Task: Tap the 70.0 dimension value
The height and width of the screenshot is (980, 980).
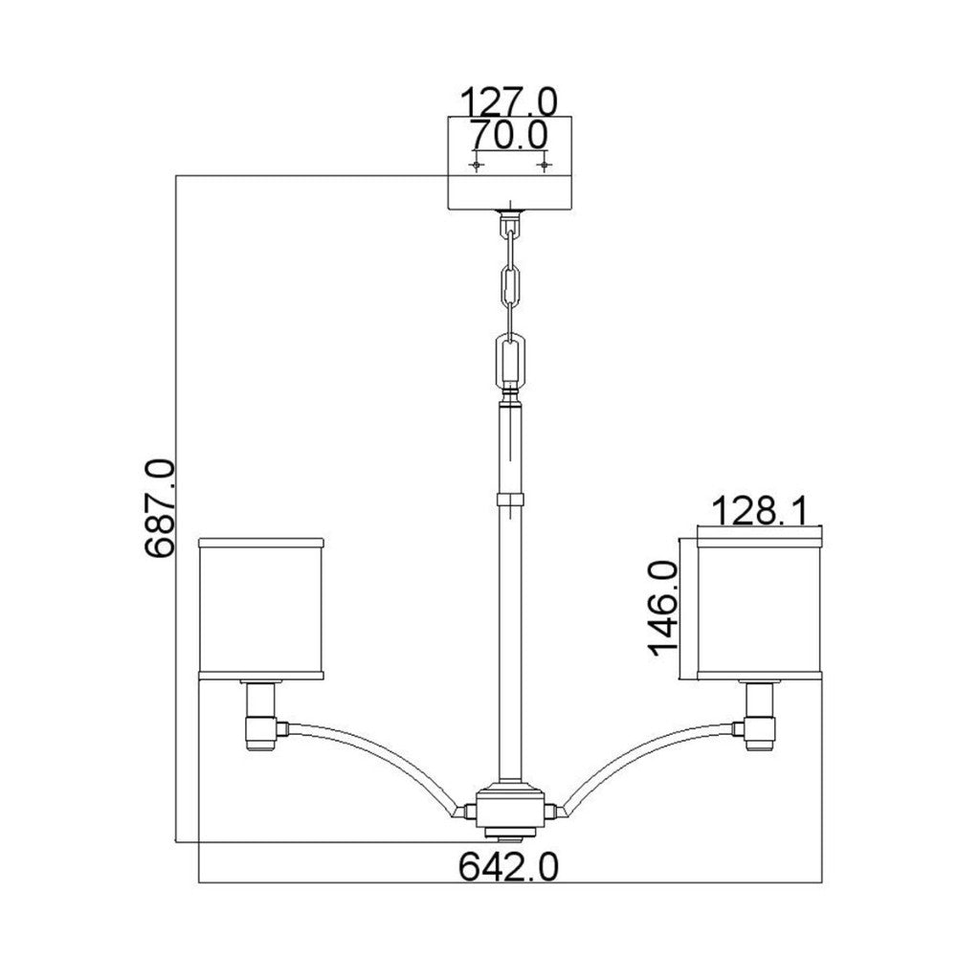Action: (509, 134)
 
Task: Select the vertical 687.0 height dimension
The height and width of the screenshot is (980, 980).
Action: (160, 507)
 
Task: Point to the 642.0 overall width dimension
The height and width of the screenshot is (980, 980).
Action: (509, 866)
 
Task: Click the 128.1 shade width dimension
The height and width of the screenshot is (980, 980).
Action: (759, 510)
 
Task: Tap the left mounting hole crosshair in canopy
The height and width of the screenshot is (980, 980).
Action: (477, 165)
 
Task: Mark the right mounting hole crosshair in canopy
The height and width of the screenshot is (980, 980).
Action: (546, 165)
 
